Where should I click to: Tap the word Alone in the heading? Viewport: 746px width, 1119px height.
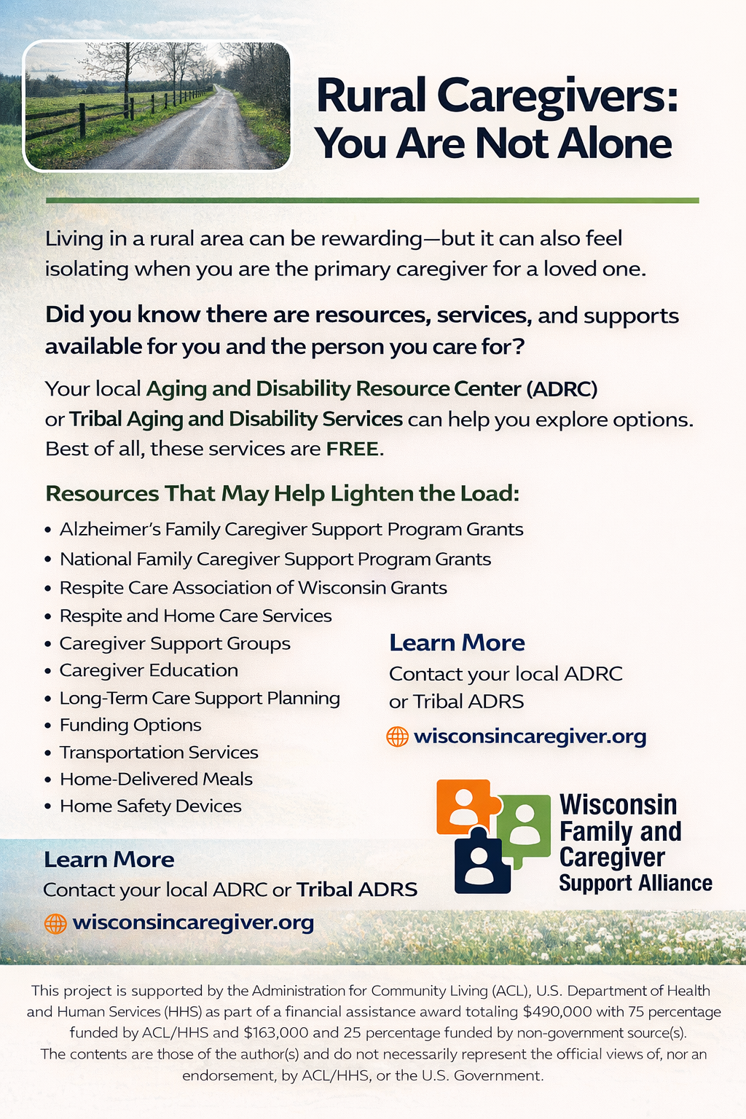pyautogui.click(x=615, y=144)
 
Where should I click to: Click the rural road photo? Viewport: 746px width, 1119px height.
pyautogui.click(x=157, y=106)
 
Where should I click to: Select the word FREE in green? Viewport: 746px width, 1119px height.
pyautogui.click(x=352, y=449)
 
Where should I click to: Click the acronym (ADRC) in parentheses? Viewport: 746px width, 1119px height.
pyautogui.click(x=562, y=388)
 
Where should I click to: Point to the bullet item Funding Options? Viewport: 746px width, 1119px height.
pyautogui.click(x=130, y=725)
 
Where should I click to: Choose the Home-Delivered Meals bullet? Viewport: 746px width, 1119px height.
pyautogui.click(x=157, y=779)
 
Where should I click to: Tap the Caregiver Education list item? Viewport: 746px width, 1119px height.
pyautogui.click(x=149, y=670)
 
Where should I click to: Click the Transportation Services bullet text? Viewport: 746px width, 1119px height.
pyautogui.click(x=159, y=752)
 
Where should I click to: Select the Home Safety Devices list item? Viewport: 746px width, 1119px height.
pyautogui.click(x=150, y=806)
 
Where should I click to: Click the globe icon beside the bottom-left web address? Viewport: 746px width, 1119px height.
pyautogui.click(x=55, y=924)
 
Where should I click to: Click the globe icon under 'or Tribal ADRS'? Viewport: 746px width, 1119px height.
pyautogui.click(x=398, y=737)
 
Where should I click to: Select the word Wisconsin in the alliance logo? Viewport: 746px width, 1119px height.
pyautogui.click(x=618, y=805)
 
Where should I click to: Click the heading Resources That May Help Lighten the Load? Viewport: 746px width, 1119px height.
pyautogui.click(x=283, y=493)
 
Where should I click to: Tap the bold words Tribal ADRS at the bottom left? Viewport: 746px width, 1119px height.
pyautogui.click(x=357, y=890)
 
